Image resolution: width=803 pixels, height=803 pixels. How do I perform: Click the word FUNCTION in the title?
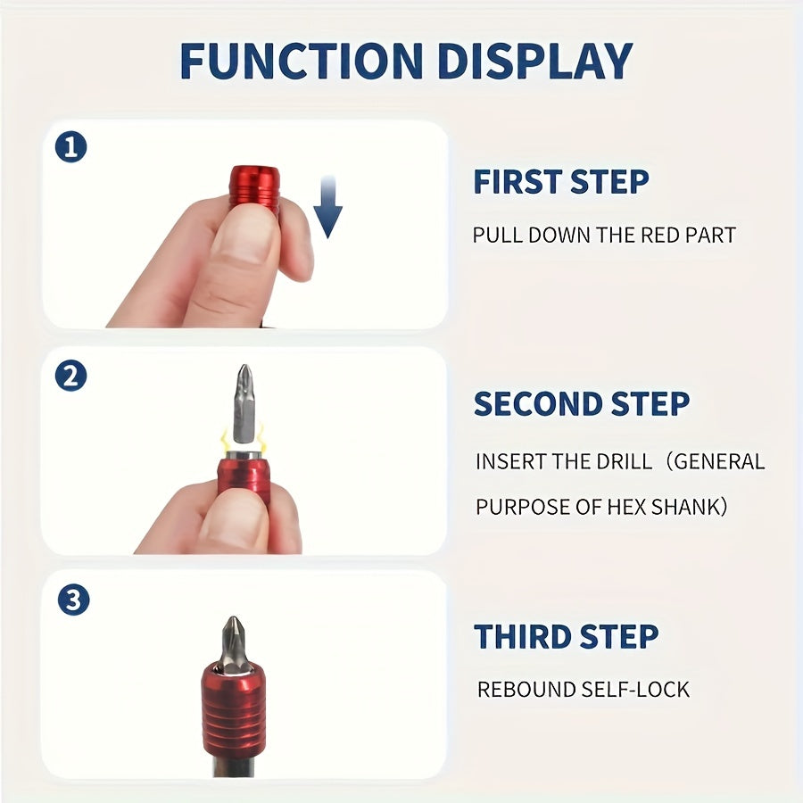pyautogui.click(x=302, y=61)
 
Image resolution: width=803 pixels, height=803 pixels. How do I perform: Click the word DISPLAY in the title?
pyautogui.click(x=535, y=61)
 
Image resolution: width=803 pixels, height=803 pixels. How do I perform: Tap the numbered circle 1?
pyautogui.click(x=70, y=147)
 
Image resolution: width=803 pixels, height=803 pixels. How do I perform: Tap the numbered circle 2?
pyautogui.click(x=70, y=376)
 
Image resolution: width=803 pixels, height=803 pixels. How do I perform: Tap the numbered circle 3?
pyautogui.click(x=73, y=600)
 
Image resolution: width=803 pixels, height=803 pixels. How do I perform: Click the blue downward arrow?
pyautogui.click(x=327, y=206)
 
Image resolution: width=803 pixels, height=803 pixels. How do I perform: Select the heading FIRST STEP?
pyautogui.click(x=561, y=181)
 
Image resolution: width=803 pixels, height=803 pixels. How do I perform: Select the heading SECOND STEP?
pyautogui.click(x=582, y=403)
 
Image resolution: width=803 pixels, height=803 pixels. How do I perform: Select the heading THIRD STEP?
pyautogui.click(x=567, y=636)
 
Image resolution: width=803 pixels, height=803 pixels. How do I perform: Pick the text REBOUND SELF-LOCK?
pyautogui.click(x=584, y=690)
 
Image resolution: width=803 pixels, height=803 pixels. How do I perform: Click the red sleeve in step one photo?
pyautogui.click(x=254, y=187)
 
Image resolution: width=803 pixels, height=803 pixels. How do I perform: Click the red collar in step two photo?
pyautogui.click(x=244, y=476)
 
